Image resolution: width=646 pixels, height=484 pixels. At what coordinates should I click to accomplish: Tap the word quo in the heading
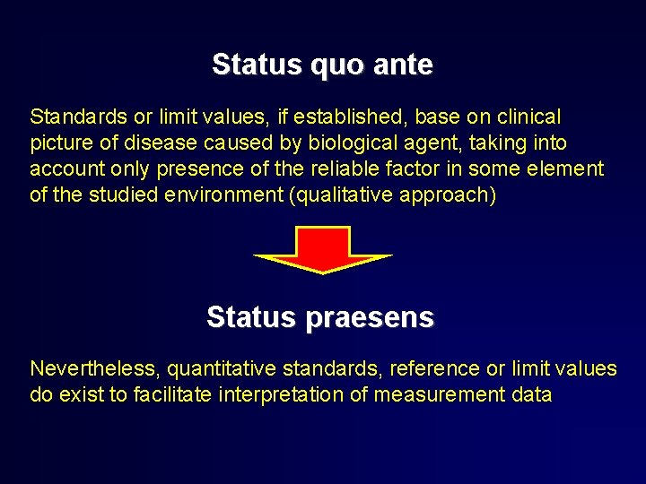[331, 65]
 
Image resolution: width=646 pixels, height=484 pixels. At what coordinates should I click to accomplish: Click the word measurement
[429, 395]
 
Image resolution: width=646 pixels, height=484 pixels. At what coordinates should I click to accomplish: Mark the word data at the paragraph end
[529, 395]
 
